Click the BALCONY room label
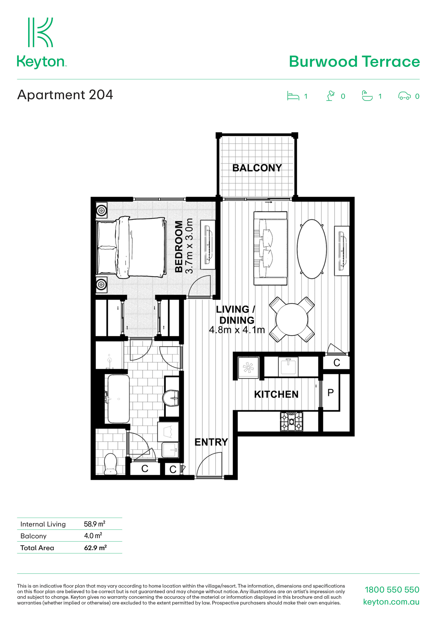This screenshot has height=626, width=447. (257, 168)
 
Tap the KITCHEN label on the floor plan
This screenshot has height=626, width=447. (276, 394)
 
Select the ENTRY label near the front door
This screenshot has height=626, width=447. (211, 442)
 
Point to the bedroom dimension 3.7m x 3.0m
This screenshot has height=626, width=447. (189, 246)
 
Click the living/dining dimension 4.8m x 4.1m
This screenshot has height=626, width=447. (237, 330)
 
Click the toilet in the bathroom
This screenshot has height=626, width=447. (111, 464)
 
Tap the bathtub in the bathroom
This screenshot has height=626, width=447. (118, 399)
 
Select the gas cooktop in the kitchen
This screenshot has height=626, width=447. (291, 421)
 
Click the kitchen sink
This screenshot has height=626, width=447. (288, 366)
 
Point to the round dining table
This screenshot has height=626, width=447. (292, 319)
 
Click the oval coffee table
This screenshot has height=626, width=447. (312, 249)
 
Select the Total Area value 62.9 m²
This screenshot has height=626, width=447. (95, 548)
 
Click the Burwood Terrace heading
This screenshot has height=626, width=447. (354, 61)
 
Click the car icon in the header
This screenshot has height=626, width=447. (404, 96)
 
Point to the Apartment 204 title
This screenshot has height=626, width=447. (65, 95)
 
